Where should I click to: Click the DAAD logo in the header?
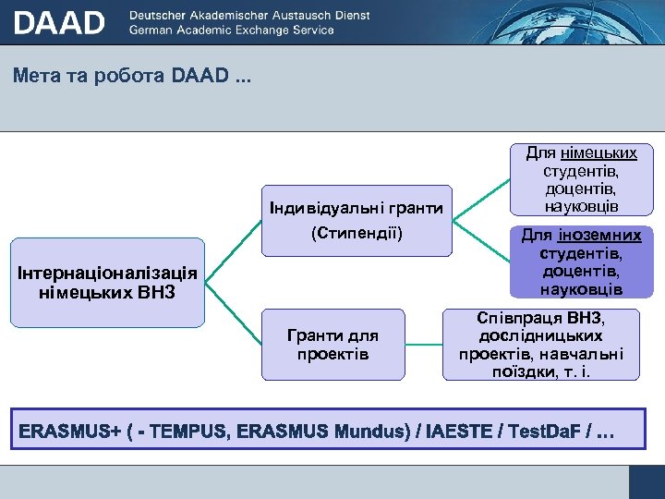click(x=59, y=22)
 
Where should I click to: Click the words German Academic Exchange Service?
click(x=232, y=30)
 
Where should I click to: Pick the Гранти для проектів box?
click(x=332, y=344)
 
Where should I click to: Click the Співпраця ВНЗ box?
click(x=541, y=345)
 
